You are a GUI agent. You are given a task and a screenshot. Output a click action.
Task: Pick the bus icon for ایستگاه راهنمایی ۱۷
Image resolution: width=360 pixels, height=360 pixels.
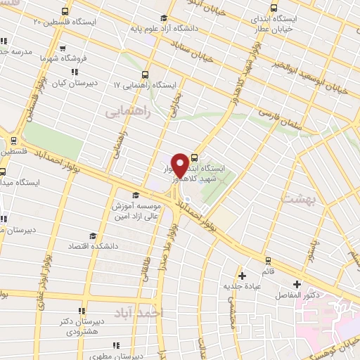point(145,75)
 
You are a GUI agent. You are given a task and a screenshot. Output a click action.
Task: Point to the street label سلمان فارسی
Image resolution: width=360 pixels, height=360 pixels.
point(278,117)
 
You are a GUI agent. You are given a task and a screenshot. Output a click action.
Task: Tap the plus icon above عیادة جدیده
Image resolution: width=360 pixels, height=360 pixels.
point(243,275)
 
